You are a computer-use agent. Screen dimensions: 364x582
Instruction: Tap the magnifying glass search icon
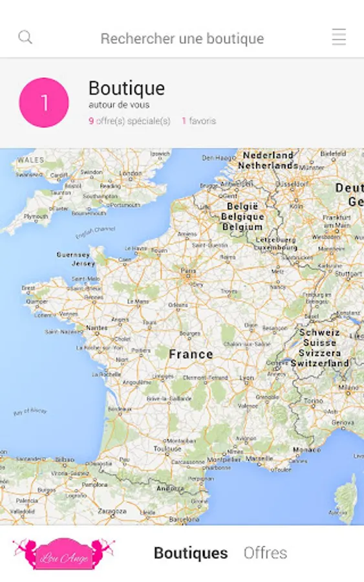(25, 38)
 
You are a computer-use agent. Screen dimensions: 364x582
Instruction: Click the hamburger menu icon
(339, 38)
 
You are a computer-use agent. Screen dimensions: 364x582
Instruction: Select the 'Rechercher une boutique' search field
(182, 39)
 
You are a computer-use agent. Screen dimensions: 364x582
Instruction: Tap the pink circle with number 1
(44, 103)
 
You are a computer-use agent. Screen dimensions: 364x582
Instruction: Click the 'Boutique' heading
(126, 89)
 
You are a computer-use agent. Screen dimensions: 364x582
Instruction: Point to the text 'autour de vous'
(119, 105)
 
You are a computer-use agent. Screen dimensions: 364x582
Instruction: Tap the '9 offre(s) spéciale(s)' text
(129, 121)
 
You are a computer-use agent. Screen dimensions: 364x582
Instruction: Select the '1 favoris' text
(198, 121)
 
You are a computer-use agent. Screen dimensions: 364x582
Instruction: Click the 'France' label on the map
(191, 354)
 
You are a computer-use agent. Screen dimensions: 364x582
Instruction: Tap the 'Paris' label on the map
(188, 271)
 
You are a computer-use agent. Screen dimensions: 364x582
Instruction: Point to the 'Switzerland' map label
(320, 363)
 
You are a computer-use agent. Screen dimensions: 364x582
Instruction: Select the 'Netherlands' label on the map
(268, 166)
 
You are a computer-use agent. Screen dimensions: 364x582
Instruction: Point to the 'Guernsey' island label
(74, 255)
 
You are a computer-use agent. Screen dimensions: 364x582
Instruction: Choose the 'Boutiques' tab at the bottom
(191, 554)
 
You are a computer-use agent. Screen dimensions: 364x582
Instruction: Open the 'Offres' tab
(265, 554)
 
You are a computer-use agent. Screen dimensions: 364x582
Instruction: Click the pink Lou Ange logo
(63, 554)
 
